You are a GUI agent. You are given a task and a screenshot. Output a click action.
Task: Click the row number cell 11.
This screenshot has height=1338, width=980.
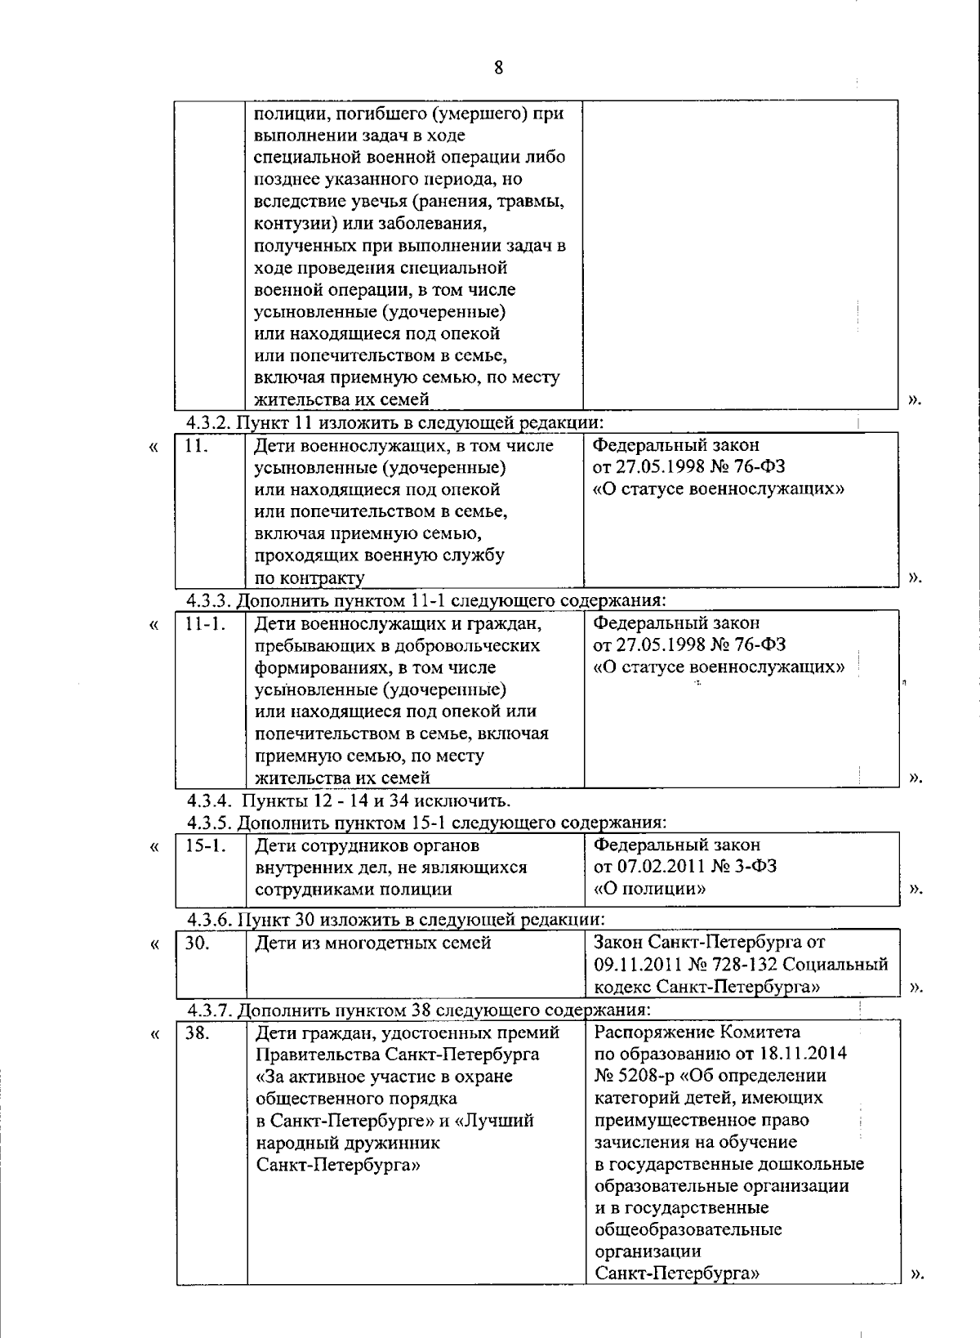coord(195,446)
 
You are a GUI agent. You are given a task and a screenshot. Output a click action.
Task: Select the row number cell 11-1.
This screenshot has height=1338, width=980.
coord(203,624)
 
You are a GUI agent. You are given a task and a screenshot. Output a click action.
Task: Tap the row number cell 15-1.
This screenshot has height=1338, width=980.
coord(203,845)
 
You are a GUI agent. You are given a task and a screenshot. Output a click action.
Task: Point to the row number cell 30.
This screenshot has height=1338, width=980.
coord(197,943)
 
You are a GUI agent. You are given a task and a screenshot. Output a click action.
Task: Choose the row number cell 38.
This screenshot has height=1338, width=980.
coord(197,1032)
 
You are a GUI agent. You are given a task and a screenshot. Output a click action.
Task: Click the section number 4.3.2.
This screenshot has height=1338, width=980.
coord(209,422)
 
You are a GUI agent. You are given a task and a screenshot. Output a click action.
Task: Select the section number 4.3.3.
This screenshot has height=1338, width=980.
coord(209,600)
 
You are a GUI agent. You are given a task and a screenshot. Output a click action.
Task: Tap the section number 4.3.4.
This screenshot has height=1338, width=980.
coord(209,799)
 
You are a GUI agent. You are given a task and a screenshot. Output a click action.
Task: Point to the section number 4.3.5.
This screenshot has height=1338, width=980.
coord(209,821)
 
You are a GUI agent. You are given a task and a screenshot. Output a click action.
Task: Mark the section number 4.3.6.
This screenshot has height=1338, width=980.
coord(209,918)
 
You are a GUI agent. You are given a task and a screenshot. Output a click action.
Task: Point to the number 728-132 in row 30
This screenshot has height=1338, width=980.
coord(745,965)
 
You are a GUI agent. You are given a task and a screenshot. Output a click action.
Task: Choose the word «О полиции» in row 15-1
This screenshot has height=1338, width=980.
coord(650,888)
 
